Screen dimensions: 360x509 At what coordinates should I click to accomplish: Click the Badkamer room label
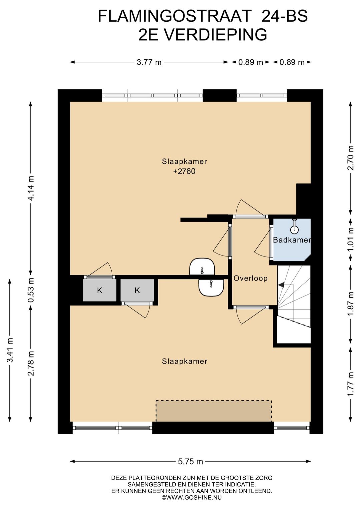(292, 240)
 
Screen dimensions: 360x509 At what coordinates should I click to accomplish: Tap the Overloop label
(251, 278)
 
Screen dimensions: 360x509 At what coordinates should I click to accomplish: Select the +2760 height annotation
(184, 171)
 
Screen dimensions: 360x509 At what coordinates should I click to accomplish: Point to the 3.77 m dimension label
(149, 62)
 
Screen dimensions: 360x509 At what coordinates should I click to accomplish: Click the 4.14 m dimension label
(31, 188)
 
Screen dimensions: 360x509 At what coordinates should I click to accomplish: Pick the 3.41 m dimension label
(10, 350)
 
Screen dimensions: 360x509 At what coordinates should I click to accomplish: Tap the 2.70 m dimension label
(351, 158)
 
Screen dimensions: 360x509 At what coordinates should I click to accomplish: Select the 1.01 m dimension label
(351, 239)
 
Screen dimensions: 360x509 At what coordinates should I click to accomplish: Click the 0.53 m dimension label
(31, 290)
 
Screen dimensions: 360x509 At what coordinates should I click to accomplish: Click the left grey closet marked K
(99, 290)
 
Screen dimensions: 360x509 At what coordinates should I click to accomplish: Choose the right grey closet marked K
(137, 290)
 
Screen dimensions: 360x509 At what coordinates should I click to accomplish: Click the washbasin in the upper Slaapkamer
(202, 267)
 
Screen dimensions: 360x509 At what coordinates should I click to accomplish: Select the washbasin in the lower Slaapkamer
(211, 288)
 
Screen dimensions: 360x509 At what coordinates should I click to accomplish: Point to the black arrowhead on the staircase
(281, 285)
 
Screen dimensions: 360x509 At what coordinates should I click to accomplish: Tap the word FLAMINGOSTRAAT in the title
(175, 16)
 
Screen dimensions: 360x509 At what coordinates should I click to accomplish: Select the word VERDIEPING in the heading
(215, 35)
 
